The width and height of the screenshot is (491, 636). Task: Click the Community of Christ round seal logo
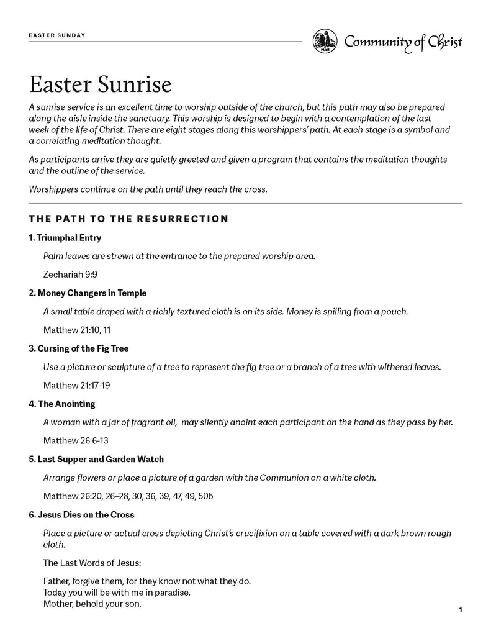coord(324,41)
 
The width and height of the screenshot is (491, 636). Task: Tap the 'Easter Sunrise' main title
coord(100,82)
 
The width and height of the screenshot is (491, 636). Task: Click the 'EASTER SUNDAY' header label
coord(56,35)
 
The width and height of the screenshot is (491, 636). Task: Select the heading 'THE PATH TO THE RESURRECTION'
coord(128,219)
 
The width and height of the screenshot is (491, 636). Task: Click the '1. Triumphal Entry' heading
coord(65,238)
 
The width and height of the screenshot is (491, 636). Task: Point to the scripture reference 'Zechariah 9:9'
coord(70,274)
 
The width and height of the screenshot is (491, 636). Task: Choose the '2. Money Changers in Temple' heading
coord(88,293)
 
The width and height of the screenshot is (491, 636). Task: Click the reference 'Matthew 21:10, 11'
coord(77,329)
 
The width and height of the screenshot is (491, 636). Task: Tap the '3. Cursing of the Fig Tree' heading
coord(78,348)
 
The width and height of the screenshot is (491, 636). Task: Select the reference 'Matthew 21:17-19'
coord(77,385)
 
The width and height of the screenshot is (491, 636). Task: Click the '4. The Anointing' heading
coord(61,404)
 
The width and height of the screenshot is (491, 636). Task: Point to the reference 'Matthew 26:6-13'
coord(75,440)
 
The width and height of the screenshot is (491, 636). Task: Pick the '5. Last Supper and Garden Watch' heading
coord(96,459)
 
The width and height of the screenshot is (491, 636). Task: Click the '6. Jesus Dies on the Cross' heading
coord(81,515)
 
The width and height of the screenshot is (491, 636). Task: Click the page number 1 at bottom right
coord(461,610)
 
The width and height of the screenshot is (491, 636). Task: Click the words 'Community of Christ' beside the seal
coord(403,42)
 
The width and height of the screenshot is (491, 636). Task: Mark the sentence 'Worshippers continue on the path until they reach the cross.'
coord(148,189)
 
